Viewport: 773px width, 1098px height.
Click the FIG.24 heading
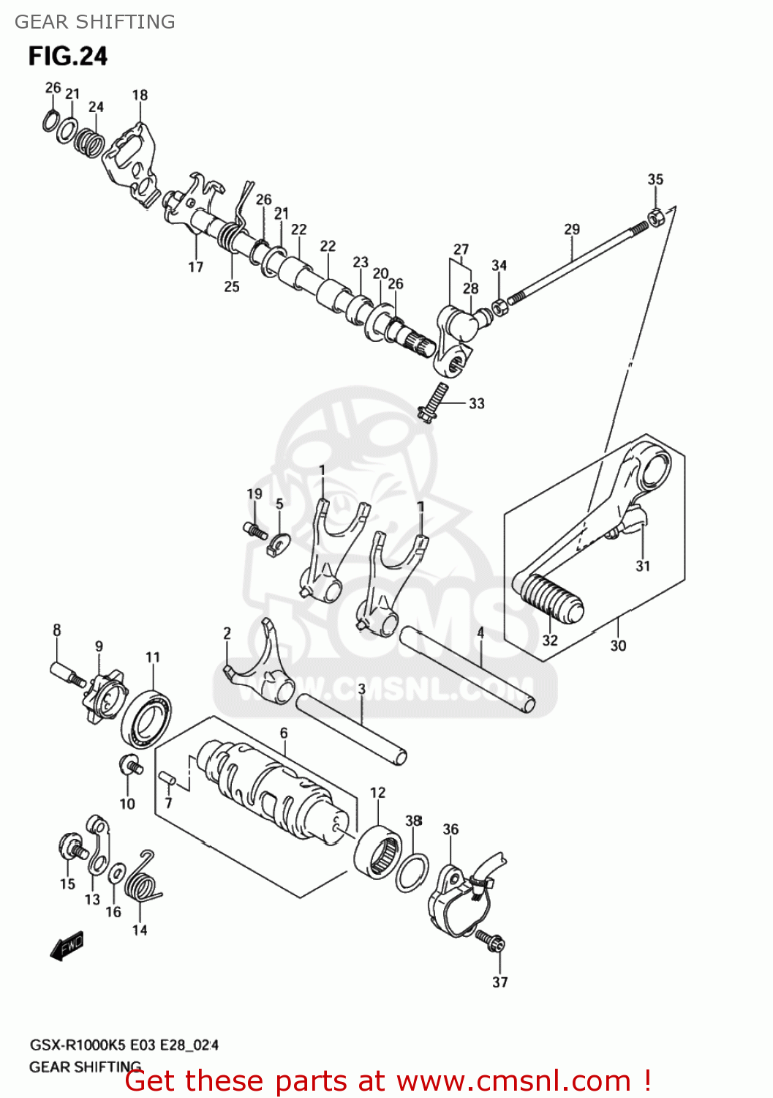(68, 56)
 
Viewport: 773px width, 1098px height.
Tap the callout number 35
(655, 179)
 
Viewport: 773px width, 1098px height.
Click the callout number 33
(476, 403)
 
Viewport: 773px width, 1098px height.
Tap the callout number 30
(618, 646)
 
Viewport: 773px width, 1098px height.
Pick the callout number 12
(377, 793)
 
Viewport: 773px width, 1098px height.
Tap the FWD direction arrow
(67, 945)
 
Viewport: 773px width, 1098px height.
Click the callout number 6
(284, 733)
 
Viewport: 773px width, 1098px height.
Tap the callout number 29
(572, 229)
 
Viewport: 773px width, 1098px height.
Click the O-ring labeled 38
(412, 871)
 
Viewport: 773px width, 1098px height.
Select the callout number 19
(254, 494)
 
